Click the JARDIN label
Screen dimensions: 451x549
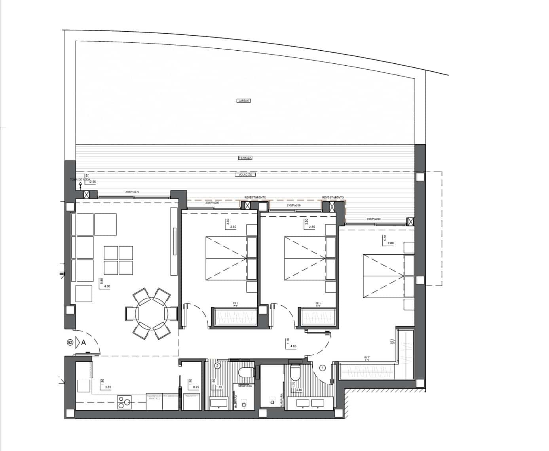click(244, 101)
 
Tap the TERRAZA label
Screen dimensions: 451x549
click(245, 158)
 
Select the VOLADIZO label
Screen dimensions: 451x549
click(245, 175)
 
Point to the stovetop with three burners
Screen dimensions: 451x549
click(125, 402)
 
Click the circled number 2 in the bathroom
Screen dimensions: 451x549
click(217, 366)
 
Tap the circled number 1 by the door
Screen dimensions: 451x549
click(322, 368)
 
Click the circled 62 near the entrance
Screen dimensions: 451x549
click(70, 342)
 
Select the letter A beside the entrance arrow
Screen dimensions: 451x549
click(84, 343)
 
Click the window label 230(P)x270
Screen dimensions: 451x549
click(132, 192)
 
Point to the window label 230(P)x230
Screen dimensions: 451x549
click(373, 219)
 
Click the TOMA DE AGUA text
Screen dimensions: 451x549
click(80, 180)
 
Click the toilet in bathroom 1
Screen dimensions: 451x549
click(295, 373)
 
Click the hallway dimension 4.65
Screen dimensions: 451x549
click(294, 346)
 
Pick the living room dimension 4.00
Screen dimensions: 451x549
click(106, 286)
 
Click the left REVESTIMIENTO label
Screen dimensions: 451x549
click(255, 197)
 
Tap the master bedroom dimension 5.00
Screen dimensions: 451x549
click(385, 238)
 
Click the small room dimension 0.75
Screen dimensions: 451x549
click(196, 387)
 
